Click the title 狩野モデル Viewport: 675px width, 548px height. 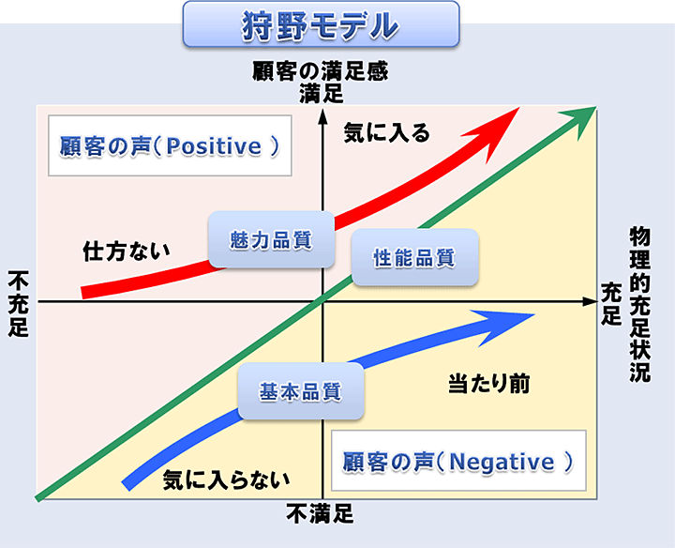point(322,25)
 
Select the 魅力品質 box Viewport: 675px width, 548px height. point(271,239)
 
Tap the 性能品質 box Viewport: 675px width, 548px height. point(415,258)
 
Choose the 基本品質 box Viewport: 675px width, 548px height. point(301,391)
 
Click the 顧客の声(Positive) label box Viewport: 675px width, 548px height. point(170,145)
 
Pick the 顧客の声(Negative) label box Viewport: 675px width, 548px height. point(458,461)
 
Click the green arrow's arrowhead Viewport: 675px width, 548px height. point(579,122)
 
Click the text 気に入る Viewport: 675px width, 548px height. point(386,132)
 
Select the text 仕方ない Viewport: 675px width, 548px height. point(127,251)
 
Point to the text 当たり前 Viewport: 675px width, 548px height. point(489,384)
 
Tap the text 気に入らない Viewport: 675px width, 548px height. point(227,479)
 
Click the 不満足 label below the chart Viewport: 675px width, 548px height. point(320,513)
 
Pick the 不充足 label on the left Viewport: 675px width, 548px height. point(18,304)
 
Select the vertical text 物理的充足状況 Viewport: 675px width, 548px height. point(639,304)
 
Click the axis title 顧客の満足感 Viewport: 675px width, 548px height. point(321,71)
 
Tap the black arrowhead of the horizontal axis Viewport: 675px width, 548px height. point(591,301)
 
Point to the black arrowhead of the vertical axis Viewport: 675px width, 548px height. point(322,116)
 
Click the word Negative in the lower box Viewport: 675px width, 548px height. point(502,463)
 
